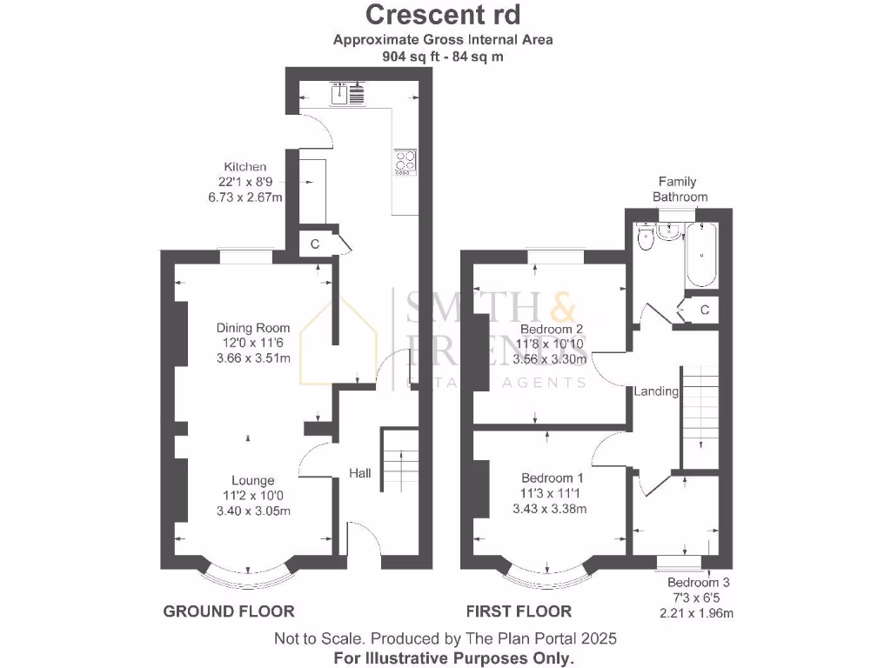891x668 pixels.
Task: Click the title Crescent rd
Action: click(x=444, y=15)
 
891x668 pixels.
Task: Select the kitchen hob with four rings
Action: click(x=405, y=162)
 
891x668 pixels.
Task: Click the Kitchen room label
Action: click(x=245, y=167)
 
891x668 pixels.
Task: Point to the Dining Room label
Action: click(x=253, y=328)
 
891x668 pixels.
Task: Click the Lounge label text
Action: click(x=253, y=480)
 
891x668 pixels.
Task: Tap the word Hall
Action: click(x=360, y=473)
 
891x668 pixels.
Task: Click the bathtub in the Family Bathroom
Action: click(x=700, y=255)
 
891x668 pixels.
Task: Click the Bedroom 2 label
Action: click(x=551, y=330)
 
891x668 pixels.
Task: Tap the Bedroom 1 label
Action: click(x=552, y=478)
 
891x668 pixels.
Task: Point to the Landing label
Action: click(x=656, y=391)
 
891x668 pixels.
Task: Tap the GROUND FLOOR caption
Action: click(x=229, y=611)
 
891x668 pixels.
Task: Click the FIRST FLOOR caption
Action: click(x=519, y=611)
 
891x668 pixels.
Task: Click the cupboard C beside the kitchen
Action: click(x=314, y=244)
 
